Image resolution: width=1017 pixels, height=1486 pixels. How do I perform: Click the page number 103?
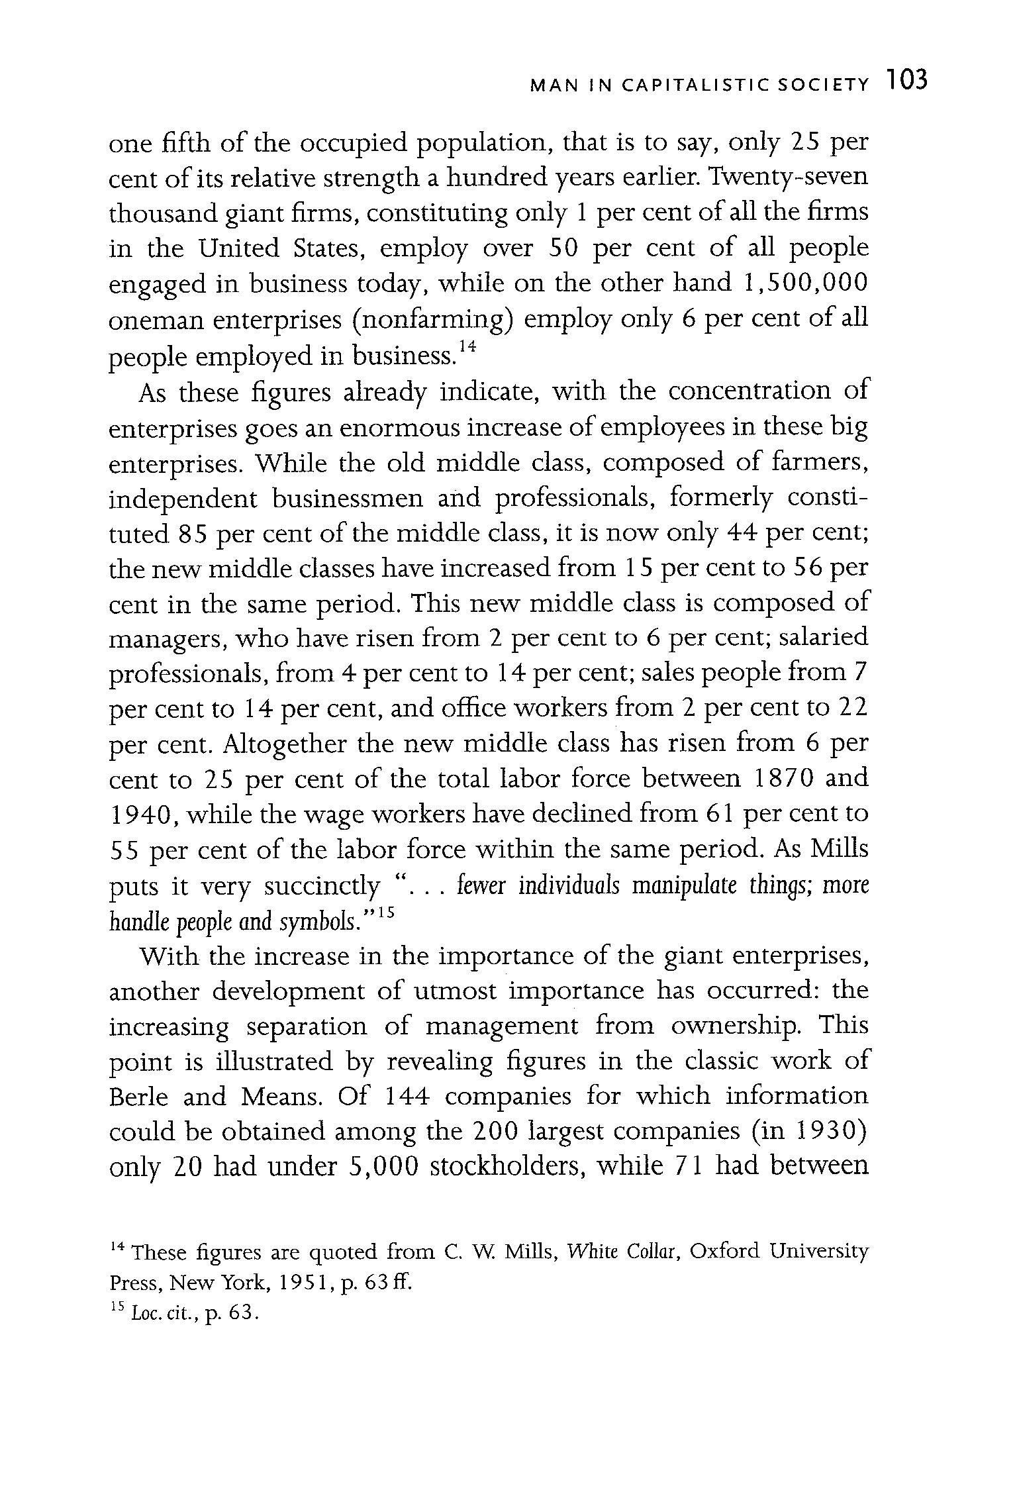click(908, 81)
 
